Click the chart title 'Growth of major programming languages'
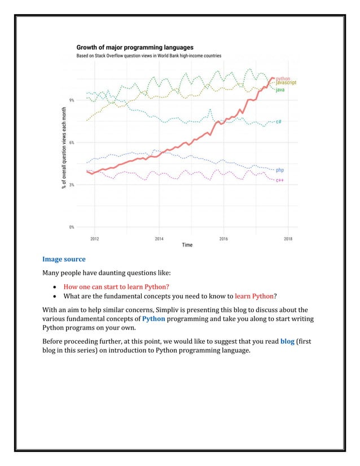click(x=135, y=47)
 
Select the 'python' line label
click(x=283, y=78)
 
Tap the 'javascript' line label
click(x=286, y=83)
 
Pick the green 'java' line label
click(x=280, y=90)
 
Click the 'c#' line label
click(x=279, y=122)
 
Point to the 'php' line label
click(x=279, y=170)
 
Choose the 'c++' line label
click(x=279, y=180)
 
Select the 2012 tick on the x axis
click(x=94, y=238)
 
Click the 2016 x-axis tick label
click(x=223, y=238)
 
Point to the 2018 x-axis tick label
click(x=288, y=238)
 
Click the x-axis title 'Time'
click(x=187, y=245)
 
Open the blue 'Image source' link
click(x=64, y=260)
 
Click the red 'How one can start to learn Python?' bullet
click(x=116, y=286)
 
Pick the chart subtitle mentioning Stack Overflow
click(x=149, y=56)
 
